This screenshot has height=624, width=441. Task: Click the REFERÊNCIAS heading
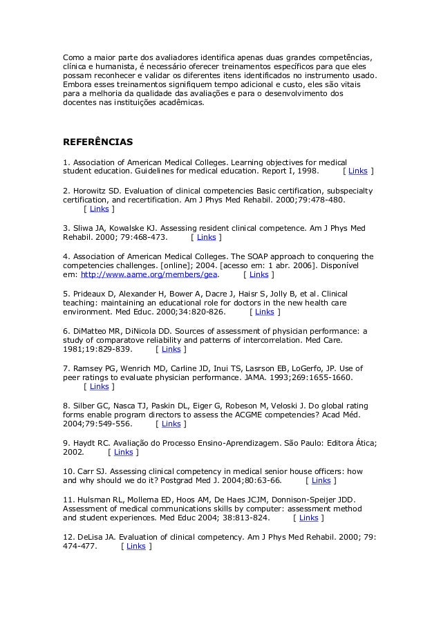click(97, 142)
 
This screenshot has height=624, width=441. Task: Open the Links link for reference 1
click(357, 171)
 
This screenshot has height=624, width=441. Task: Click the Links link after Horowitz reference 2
click(99, 209)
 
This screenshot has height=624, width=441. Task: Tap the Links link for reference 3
click(206, 237)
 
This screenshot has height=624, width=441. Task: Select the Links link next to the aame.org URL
click(259, 274)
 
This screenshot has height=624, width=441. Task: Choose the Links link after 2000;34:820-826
click(264, 312)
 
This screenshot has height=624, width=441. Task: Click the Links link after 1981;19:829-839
click(171, 349)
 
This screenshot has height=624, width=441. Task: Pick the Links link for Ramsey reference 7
click(99, 387)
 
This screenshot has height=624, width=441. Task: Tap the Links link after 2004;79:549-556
click(171, 424)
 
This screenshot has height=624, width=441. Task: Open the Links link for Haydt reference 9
click(123, 452)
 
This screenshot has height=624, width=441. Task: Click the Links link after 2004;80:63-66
click(321, 480)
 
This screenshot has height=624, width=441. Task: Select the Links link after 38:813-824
click(308, 518)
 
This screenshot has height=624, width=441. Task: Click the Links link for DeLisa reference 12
click(135, 546)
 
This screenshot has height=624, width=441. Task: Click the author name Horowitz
click(89, 190)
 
